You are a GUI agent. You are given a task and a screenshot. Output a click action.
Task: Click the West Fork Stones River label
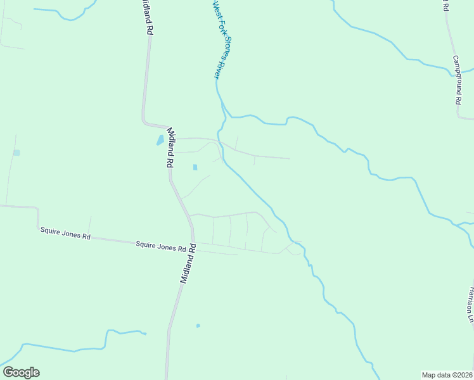(x=219, y=39)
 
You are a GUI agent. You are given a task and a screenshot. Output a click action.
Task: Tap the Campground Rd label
(x=457, y=79)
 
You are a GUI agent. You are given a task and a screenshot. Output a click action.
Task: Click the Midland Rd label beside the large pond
(x=170, y=148)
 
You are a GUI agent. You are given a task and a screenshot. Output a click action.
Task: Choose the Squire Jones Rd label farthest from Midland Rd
(x=65, y=234)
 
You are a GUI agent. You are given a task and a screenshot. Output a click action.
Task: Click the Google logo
(x=21, y=372)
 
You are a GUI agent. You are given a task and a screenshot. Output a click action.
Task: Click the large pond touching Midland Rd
(x=160, y=140)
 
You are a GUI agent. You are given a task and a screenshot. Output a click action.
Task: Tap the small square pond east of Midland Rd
(x=195, y=167)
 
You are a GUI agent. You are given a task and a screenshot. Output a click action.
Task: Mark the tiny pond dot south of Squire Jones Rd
(x=198, y=326)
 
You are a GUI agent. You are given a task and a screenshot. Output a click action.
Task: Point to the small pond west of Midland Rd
(x=16, y=153)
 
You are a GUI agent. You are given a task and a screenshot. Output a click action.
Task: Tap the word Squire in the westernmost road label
(x=49, y=232)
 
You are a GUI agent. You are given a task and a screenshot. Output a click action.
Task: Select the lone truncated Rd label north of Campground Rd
(x=444, y=6)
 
